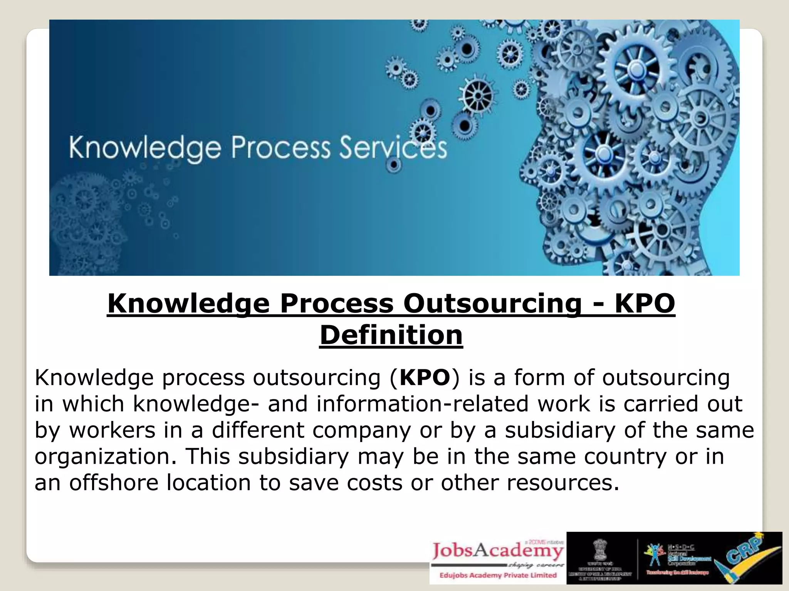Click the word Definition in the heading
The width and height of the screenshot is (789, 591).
[391, 335]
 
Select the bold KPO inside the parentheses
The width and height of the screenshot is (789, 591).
[425, 377]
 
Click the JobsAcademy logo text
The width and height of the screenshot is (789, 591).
[497, 551]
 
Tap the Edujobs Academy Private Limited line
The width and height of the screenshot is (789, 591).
[498, 575]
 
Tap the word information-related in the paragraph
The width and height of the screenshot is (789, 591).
[423, 404]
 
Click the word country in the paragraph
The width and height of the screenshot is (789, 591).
[625, 456]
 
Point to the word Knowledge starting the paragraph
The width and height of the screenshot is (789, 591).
[94, 377]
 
